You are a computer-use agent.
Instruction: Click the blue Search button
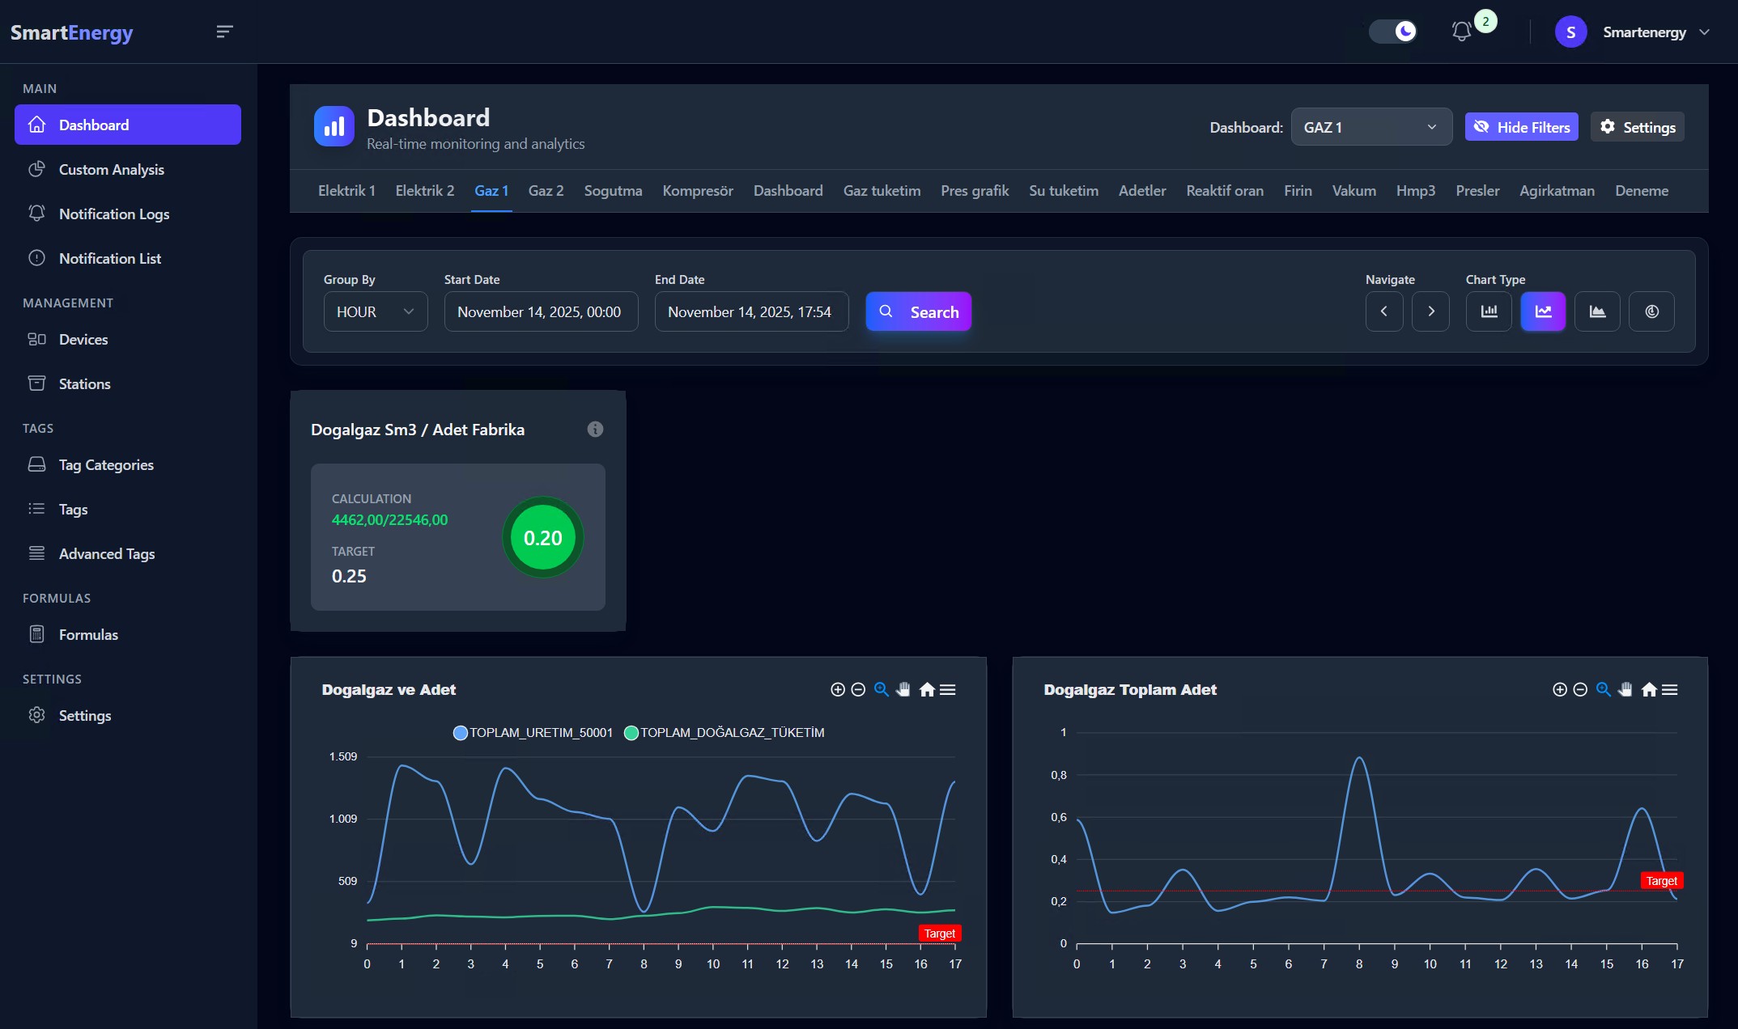[x=918, y=311]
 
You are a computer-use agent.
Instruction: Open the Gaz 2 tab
[x=546, y=191]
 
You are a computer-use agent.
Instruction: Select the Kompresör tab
[x=697, y=191]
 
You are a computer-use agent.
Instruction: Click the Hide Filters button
[x=1521, y=127]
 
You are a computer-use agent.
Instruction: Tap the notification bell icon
[x=1461, y=32]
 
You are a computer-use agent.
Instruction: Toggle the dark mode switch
[x=1393, y=32]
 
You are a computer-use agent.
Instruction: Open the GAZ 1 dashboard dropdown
[x=1370, y=127]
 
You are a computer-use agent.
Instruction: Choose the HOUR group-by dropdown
[x=375, y=311]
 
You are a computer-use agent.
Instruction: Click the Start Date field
[x=540, y=311]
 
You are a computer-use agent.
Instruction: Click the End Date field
[x=750, y=311]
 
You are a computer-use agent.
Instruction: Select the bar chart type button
[x=1489, y=311]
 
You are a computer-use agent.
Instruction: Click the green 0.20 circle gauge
[x=542, y=538]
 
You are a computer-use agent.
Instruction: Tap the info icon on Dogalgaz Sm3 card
[x=595, y=430]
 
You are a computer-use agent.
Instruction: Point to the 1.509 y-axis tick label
[x=342, y=756]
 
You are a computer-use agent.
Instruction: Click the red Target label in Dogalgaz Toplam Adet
[x=1661, y=881]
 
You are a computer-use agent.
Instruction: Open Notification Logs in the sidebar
[x=113, y=214]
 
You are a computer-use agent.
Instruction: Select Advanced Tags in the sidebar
[x=106, y=554]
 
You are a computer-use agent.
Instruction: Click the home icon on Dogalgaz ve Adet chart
[x=927, y=690]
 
